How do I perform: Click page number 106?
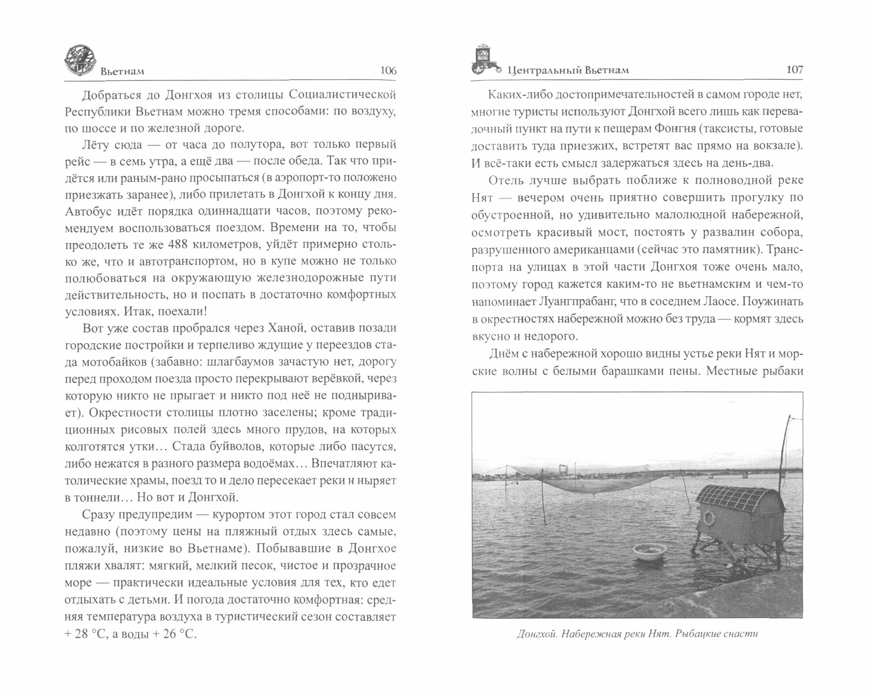point(388,71)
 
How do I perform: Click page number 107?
point(794,70)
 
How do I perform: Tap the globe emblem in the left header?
point(81,60)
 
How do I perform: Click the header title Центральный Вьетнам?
point(568,70)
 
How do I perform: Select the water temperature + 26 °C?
point(173,634)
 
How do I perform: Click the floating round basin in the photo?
point(648,552)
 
